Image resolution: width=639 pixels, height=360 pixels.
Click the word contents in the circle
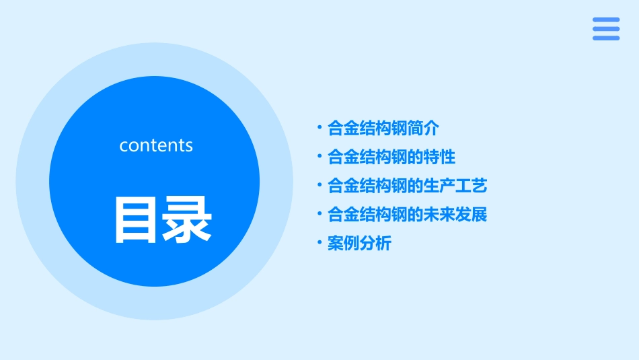156,145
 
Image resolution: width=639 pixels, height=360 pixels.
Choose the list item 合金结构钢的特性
391,157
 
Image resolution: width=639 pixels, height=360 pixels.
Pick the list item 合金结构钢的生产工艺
407,186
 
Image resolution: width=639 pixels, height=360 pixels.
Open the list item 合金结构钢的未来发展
407,215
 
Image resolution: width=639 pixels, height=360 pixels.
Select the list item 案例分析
359,244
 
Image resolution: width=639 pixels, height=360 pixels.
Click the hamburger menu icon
606,29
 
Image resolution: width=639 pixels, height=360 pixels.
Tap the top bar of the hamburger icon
606,20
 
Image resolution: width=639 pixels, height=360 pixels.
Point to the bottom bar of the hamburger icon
606,38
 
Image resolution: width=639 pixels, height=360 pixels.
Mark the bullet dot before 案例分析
319,242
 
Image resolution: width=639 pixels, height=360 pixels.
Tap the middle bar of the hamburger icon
606,29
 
